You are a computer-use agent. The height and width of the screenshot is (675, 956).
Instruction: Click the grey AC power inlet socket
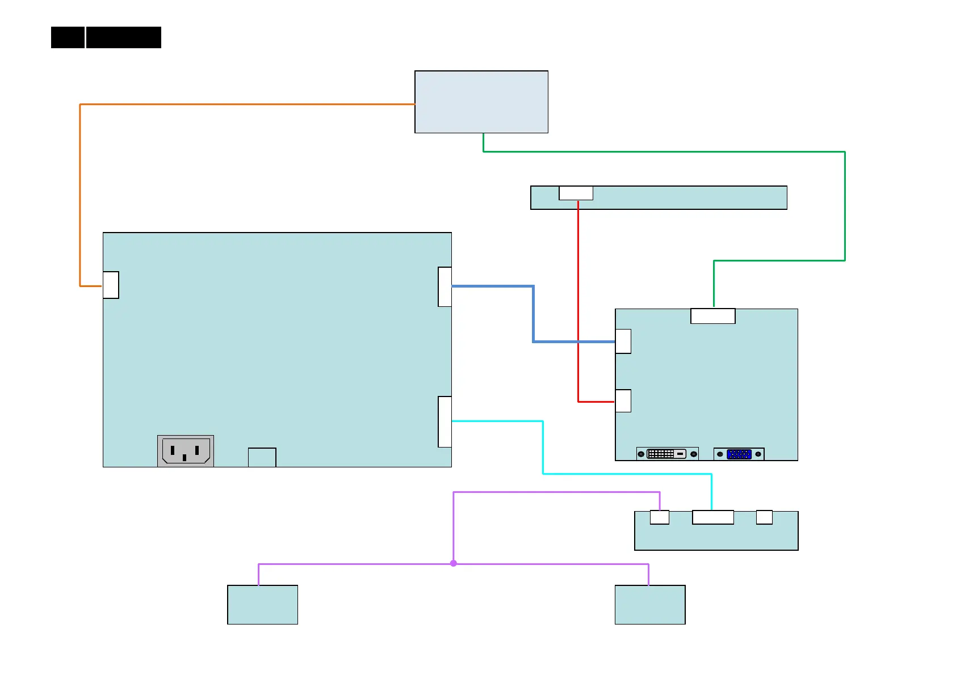[x=186, y=451]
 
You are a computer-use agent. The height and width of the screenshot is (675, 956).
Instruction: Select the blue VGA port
[x=739, y=454]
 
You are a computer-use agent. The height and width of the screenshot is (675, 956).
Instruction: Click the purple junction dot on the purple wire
[x=454, y=563]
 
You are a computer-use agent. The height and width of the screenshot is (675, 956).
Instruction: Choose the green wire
[x=664, y=151]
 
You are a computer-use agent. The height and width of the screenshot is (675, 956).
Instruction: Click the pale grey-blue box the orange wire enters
[x=481, y=102]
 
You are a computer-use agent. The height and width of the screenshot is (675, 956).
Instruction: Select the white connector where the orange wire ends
[x=111, y=285]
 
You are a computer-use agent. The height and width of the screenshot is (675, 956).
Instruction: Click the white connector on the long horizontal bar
[x=576, y=193]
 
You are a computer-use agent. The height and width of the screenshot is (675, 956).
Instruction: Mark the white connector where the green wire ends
[x=713, y=316]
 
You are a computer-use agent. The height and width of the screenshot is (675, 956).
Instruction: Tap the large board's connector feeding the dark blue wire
[x=445, y=286]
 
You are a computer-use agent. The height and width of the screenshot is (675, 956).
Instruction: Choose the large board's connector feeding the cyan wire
[x=445, y=421]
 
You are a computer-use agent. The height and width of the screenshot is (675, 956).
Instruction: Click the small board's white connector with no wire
[x=764, y=517]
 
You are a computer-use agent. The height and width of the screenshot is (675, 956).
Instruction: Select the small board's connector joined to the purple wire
[x=659, y=517]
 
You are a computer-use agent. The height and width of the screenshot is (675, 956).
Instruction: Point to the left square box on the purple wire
[x=262, y=605]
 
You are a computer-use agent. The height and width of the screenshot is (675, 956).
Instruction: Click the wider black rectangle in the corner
[x=124, y=37]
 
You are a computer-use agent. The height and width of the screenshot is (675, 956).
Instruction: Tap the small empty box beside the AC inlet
[x=262, y=457]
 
